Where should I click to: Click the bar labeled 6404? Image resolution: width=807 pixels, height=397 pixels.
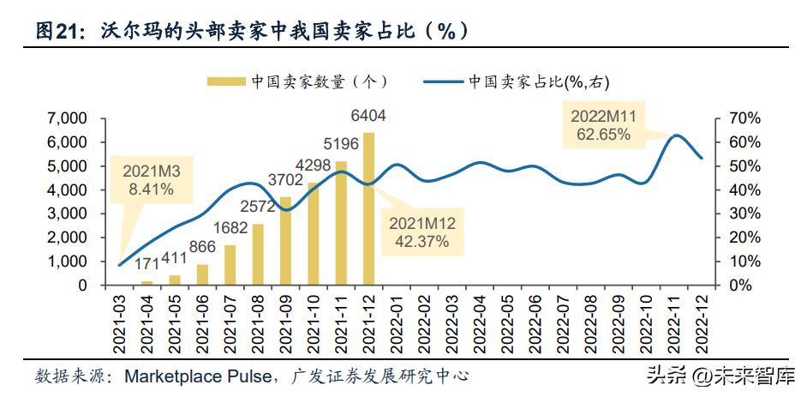click(x=368, y=208)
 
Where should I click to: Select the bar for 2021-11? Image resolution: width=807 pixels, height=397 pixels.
click(x=341, y=223)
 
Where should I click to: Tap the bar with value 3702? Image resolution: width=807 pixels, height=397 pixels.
click(x=285, y=241)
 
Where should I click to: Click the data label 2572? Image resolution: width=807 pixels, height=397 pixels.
click(x=258, y=207)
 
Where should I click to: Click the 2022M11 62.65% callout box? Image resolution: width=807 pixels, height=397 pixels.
click(x=602, y=125)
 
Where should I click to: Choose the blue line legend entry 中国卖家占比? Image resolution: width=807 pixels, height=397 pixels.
click(x=444, y=81)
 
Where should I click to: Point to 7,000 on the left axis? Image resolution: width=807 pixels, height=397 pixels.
click(x=69, y=117)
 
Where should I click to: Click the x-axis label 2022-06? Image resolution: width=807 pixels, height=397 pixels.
click(x=535, y=322)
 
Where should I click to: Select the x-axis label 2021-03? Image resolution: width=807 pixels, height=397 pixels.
click(x=120, y=322)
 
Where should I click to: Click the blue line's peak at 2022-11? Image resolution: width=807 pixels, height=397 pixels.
click(x=676, y=135)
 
